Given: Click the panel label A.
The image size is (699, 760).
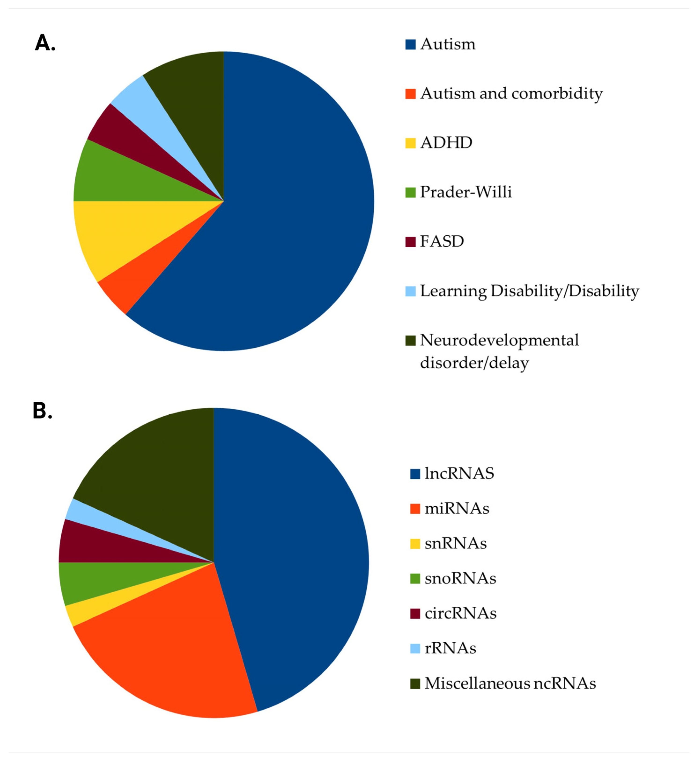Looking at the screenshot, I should tap(45, 43).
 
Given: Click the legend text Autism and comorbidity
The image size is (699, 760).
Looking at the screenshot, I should tap(511, 93).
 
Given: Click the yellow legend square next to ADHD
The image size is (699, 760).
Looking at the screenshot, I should tap(410, 143).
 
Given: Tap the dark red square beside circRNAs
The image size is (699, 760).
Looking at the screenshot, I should tap(415, 613).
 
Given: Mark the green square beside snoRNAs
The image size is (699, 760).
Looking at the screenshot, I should tap(415, 579).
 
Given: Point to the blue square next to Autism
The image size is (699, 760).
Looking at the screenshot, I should tap(410, 45).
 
